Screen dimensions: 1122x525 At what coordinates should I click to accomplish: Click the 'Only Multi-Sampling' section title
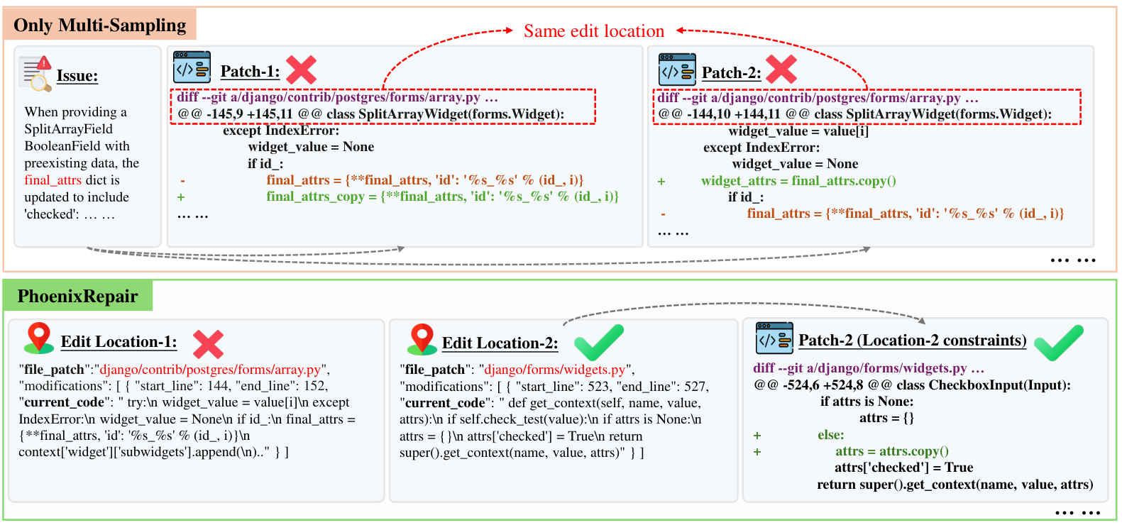(x=99, y=25)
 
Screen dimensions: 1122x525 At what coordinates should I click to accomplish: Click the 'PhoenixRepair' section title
(x=77, y=296)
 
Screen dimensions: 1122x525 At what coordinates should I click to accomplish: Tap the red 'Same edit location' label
(x=594, y=31)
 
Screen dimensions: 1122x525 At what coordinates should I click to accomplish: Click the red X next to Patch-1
(x=301, y=70)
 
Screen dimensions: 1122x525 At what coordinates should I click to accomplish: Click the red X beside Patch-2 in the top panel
(x=781, y=69)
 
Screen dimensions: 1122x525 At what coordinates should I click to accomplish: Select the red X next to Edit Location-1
(x=209, y=344)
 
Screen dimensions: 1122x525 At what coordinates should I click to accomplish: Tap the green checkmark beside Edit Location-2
(x=598, y=342)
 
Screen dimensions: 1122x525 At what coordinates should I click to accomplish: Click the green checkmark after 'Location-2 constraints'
(x=1059, y=343)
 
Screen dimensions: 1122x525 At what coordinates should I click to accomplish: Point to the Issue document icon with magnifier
(x=35, y=74)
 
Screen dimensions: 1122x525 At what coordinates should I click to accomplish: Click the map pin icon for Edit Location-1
(x=39, y=338)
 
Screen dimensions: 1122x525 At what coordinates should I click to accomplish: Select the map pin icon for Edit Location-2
(x=422, y=339)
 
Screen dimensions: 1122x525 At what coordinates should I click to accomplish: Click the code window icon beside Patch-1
(x=192, y=67)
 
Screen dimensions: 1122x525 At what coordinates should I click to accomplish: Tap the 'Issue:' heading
(x=77, y=76)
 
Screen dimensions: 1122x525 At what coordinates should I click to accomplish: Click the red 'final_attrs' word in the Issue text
(x=53, y=180)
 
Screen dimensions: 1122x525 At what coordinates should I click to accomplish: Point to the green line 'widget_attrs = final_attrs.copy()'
(x=798, y=181)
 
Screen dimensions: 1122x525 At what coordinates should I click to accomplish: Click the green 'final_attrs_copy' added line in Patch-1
(x=442, y=197)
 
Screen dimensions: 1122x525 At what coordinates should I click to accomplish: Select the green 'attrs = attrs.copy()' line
(x=891, y=451)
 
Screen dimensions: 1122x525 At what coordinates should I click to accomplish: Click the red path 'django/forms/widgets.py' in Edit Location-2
(x=555, y=370)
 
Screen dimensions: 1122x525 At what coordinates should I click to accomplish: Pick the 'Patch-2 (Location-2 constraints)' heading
(x=912, y=341)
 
